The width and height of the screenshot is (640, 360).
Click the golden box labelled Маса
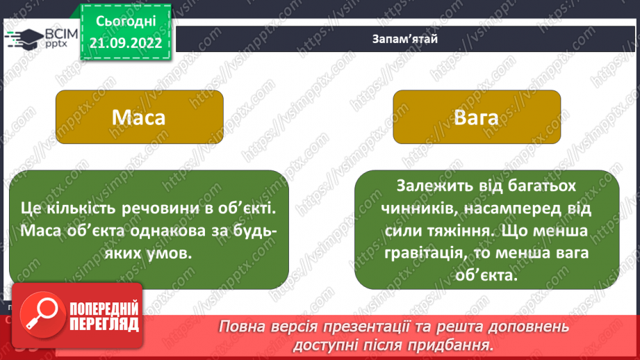(x=139, y=117)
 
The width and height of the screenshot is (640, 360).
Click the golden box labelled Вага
(x=476, y=117)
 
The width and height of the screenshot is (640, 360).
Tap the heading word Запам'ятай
(x=404, y=38)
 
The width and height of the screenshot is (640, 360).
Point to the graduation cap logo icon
(x=24, y=38)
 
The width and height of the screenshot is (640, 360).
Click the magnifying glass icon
(x=41, y=316)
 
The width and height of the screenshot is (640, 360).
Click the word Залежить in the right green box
(x=430, y=187)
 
